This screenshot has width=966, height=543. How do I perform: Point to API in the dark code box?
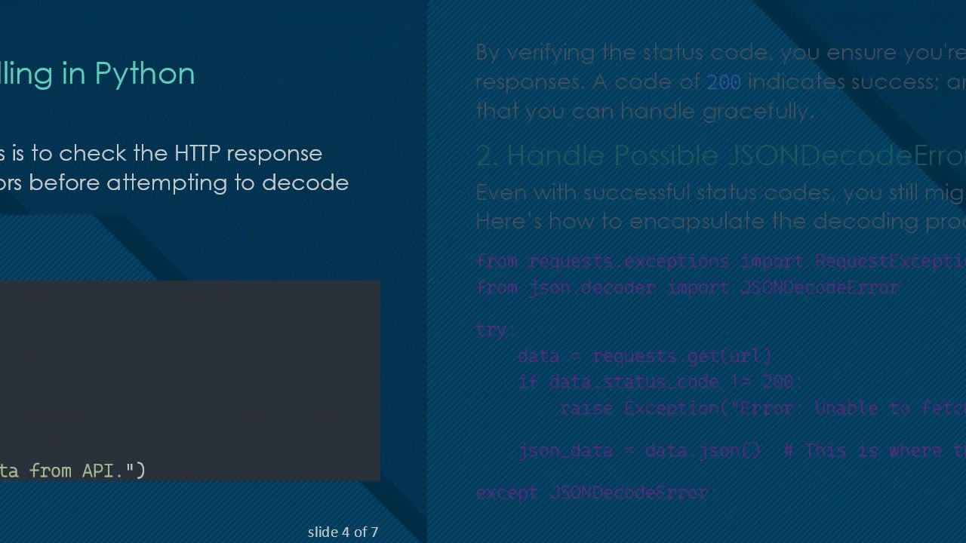pyautogui.click(x=103, y=471)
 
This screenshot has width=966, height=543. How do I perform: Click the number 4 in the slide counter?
pyautogui.click(x=345, y=532)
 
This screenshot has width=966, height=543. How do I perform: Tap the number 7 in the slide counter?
pyautogui.click(x=374, y=532)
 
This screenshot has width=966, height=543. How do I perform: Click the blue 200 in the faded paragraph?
pyautogui.click(x=723, y=82)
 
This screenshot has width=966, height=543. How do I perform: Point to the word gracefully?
pyautogui.click(x=758, y=112)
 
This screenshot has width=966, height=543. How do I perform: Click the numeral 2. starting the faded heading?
pyautogui.click(x=488, y=155)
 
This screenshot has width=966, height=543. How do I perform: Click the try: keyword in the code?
pyautogui.click(x=495, y=330)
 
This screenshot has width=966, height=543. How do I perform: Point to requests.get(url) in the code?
pyautogui.click(x=682, y=356)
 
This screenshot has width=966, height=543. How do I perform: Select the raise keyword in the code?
pyautogui.click(x=586, y=409)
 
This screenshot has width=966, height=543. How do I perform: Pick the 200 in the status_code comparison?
pyautogui.click(x=777, y=382)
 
